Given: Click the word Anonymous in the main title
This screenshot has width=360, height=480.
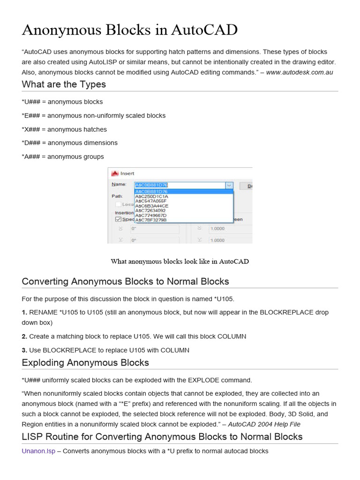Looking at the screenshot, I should tap(61, 30).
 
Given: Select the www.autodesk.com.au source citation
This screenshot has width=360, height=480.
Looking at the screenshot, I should tap(299, 72).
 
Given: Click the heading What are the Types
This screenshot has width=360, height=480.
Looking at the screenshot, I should tap(64, 85).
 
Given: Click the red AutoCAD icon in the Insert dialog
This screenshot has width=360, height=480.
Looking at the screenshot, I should tap(114, 173).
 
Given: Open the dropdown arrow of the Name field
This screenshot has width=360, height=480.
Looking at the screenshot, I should tap(229, 186).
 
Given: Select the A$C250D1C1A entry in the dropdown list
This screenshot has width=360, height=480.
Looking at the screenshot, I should tap(151, 196).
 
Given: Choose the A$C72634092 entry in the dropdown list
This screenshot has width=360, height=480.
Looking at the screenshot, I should tap(150, 210).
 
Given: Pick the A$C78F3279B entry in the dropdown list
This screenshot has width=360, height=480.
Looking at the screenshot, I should tap(151, 219).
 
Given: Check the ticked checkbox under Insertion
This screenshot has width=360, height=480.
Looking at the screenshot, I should tap(118, 219).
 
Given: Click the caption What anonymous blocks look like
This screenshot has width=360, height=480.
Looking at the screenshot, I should tap(180, 262).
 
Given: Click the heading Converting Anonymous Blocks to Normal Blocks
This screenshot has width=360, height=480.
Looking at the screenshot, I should tap(126, 282).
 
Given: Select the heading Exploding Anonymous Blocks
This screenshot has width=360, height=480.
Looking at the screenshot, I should tap(85, 363).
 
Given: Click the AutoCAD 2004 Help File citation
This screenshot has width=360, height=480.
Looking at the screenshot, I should tap(264, 424).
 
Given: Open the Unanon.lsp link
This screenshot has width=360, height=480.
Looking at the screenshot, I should tap(38, 451).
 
